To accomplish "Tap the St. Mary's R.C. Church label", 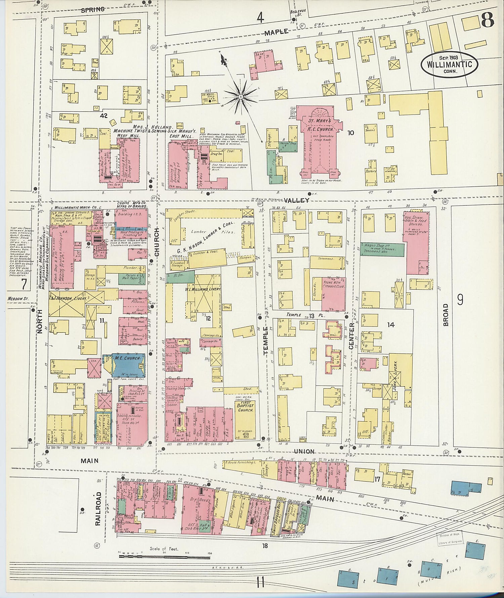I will point(320,125).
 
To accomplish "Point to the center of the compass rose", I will point(241,97).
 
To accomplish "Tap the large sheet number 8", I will point(488,20).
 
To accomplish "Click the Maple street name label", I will point(276,32).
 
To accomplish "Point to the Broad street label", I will point(446,315).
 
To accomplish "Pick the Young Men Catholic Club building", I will point(333,294).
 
